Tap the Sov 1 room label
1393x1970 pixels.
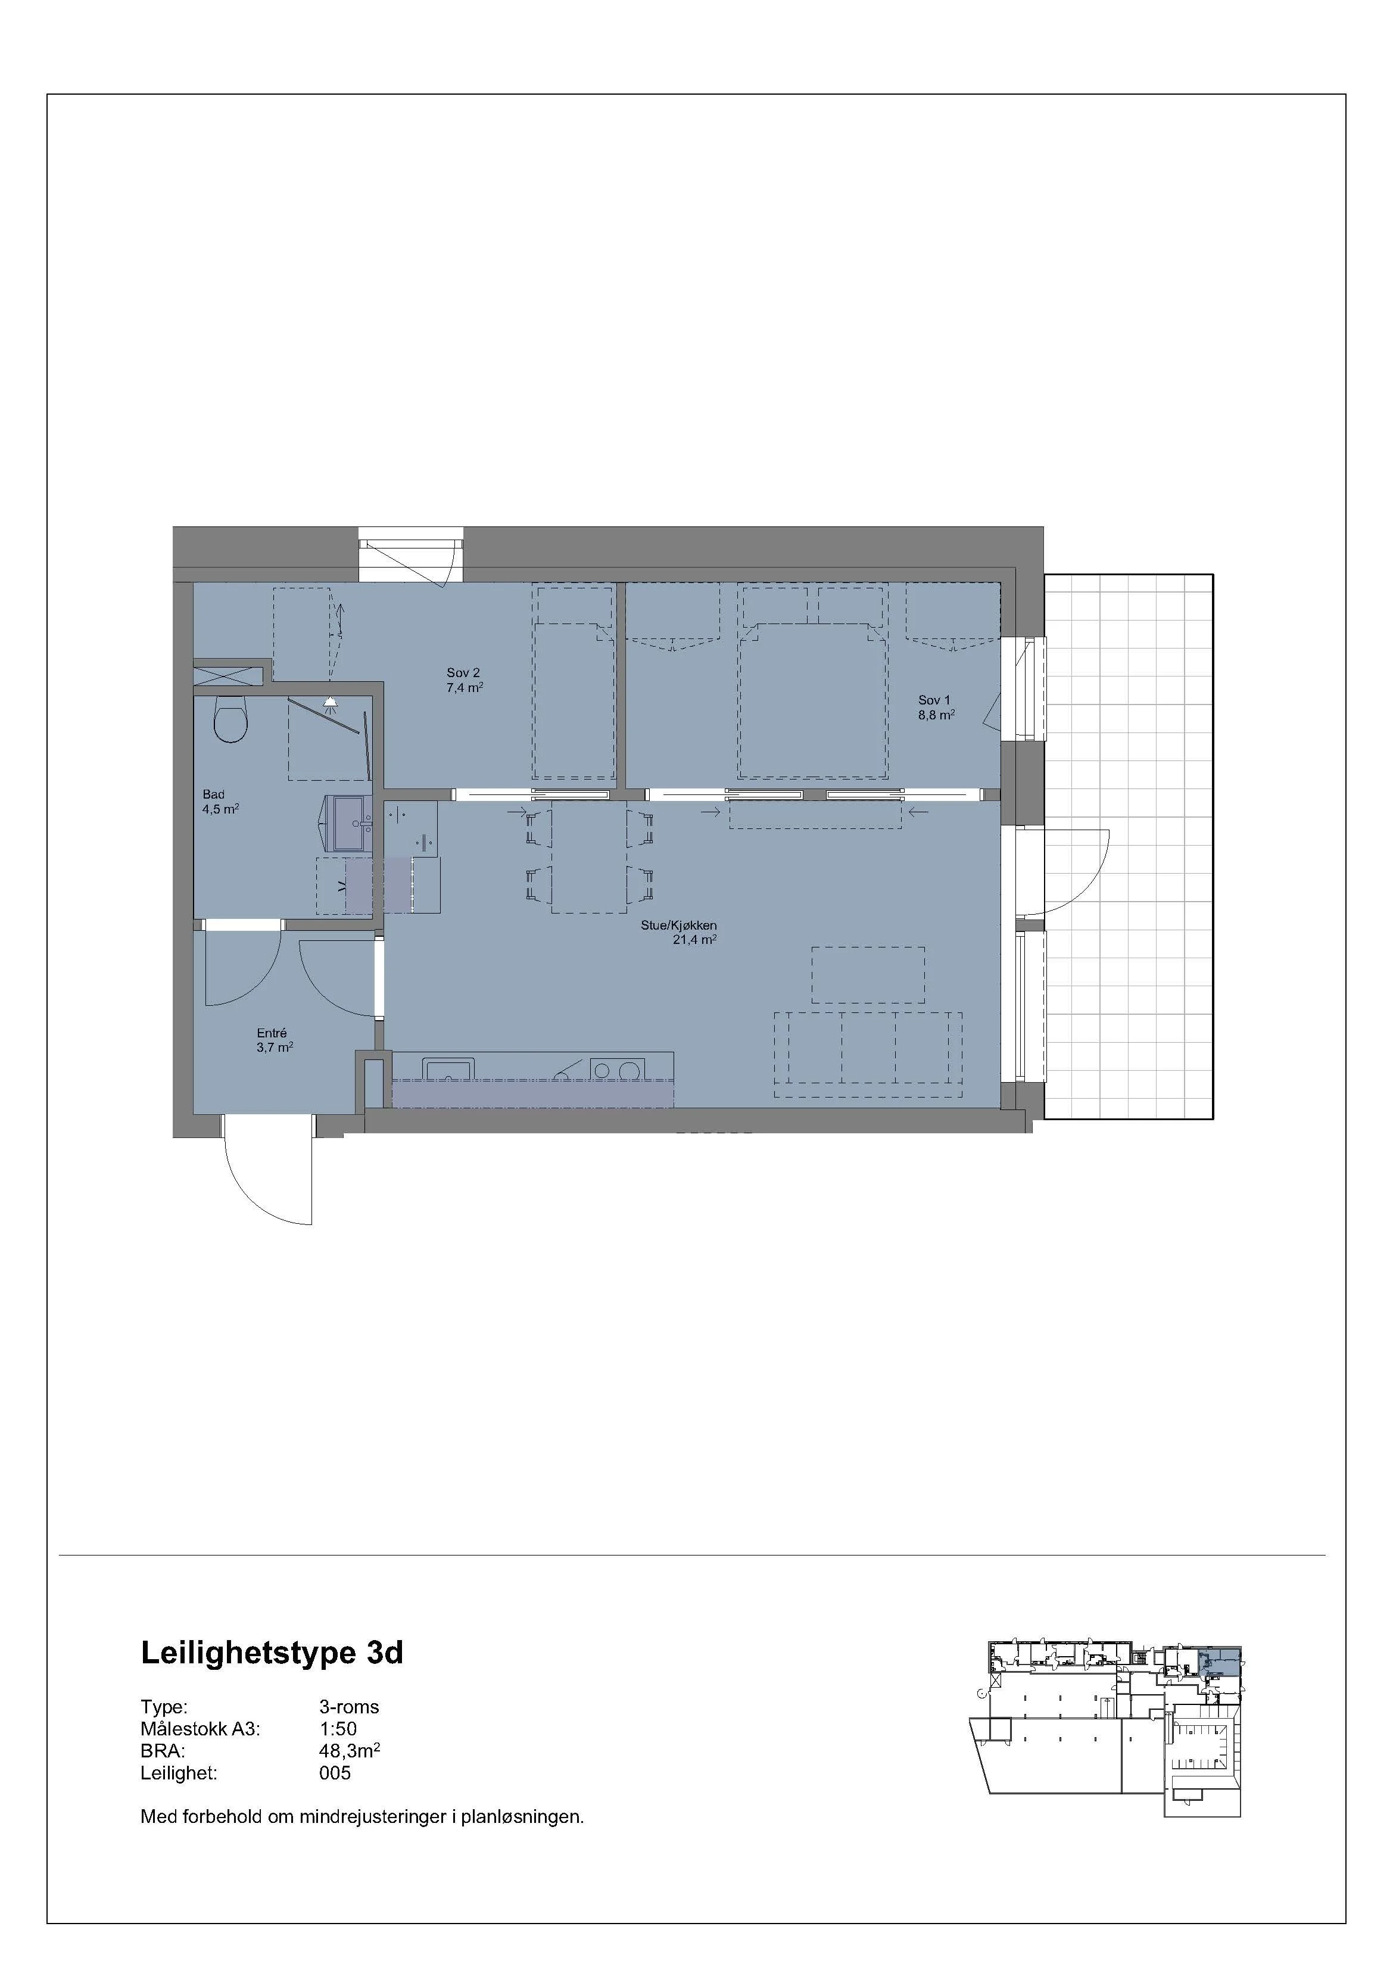click(x=934, y=700)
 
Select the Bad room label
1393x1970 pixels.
click(x=214, y=794)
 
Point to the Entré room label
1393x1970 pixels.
click(x=272, y=1033)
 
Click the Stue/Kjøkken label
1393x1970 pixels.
click(x=678, y=926)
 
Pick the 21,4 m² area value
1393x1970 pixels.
click(x=694, y=940)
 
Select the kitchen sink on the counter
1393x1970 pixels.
click(x=448, y=1068)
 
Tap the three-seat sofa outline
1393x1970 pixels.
click(x=867, y=1055)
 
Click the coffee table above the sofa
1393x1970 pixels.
click(x=868, y=975)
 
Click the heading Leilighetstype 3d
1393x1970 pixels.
click(x=271, y=1653)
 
